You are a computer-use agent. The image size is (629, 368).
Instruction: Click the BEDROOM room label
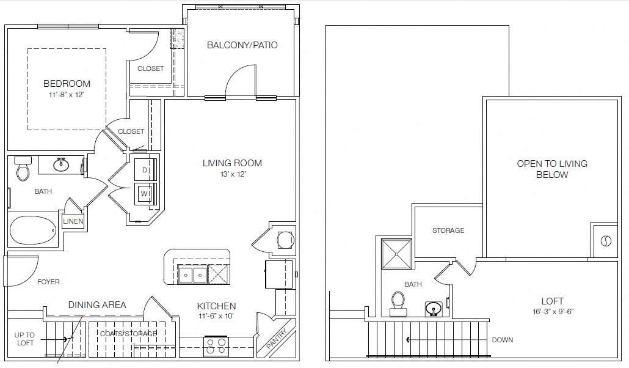(67, 84)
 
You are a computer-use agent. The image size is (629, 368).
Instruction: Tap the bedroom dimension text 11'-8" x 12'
(67, 95)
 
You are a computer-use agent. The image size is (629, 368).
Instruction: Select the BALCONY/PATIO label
(242, 45)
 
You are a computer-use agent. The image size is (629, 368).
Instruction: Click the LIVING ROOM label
(232, 163)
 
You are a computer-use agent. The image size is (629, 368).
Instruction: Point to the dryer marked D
(145, 169)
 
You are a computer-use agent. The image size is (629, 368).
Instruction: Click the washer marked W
(145, 194)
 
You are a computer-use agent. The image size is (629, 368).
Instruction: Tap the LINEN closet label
(73, 221)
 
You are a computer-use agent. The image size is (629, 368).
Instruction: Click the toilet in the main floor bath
(23, 169)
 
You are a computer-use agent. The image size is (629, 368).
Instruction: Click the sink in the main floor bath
(60, 164)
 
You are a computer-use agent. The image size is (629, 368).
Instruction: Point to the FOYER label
(48, 282)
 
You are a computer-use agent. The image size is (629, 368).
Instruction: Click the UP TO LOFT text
(25, 339)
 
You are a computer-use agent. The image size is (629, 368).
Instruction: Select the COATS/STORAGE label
(129, 334)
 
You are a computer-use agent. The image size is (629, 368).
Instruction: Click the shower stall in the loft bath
(397, 253)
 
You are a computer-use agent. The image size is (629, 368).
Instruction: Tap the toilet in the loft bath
(398, 303)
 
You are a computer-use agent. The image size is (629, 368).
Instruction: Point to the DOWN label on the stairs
(502, 340)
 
